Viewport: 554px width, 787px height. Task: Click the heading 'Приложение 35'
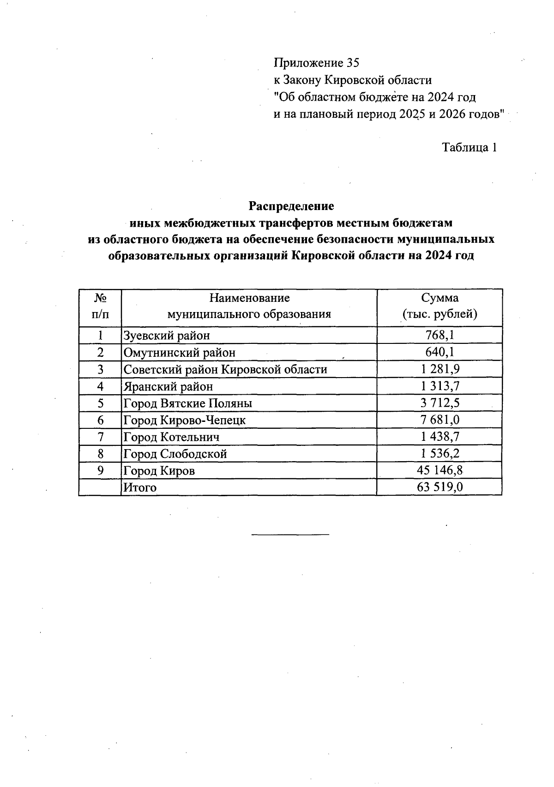316,63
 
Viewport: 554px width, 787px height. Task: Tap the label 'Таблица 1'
470,148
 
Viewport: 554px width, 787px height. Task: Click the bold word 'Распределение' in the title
291,205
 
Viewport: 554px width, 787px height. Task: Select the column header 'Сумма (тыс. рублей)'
440,306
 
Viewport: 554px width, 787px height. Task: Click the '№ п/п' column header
100,306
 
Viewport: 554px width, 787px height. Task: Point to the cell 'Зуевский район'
167,336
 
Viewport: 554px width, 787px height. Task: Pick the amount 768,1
440,335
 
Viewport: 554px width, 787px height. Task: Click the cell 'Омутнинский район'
180,353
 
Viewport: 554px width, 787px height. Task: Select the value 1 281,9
440,369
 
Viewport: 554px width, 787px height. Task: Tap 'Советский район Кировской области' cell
225,369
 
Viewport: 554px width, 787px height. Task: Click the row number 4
100,386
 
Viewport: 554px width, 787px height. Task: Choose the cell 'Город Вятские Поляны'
188,403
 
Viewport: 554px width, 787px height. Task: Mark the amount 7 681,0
440,420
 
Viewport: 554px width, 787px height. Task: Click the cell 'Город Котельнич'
171,437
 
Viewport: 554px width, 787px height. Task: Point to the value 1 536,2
440,454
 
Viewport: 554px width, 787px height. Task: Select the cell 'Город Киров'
159,471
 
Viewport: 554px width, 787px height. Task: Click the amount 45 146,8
440,470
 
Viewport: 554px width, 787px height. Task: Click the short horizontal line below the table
290,535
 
